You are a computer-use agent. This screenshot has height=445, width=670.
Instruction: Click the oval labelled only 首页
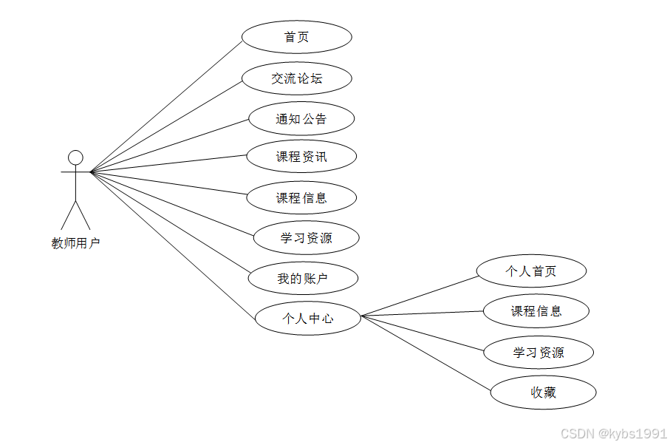pyautogui.click(x=296, y=37)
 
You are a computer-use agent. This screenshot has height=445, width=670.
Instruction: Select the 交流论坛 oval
pyautogui.click(x=296, y=78)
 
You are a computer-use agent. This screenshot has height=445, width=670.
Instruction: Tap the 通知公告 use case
pyautogui.click(x=301, y=119)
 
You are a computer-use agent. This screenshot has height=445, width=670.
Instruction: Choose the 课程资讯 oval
pyautogui.click(x=301, y=157)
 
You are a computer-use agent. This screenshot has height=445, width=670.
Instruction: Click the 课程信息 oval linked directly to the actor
pyautogui.click(x=301, y=198)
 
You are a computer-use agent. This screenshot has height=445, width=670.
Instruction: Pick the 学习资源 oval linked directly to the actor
pyautogui.click(x=306, y=238)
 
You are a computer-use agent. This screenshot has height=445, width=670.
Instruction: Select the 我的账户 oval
pyautogui.click(x=303, y=279)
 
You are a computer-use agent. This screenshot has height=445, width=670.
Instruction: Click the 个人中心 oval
pyautogui.click(x=307, y=319)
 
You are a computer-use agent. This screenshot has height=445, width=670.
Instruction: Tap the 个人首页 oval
pyautogui.click(x=531, y=271)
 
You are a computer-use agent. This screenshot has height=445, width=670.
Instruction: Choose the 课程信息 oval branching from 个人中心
pyautogui.click(x=536, y=311)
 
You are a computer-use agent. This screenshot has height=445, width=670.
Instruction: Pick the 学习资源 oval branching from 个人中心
pyautogui.click(x=539, y=353)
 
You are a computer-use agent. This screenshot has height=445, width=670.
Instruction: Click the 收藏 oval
pyautogui.click(x=543, y=393)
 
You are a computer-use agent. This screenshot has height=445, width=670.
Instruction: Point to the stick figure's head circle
pyautogui.click(x=75, y=157)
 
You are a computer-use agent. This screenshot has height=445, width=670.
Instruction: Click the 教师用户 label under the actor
pyautogui.click(x=75, y=243)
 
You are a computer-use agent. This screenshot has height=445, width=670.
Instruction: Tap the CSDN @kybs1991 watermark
pyautogui.click(x=613, y=433)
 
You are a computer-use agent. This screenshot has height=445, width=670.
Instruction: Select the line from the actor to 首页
pyautogui.click(x=166, y=105)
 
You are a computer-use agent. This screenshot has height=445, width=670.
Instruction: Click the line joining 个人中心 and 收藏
pyautogui.click(x=426, y=353)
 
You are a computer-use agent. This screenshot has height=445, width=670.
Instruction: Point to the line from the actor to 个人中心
pyautogui.click(x=174, y=245)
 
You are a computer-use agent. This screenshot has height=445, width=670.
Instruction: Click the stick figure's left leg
pyautogui.click(x=68, y=214)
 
